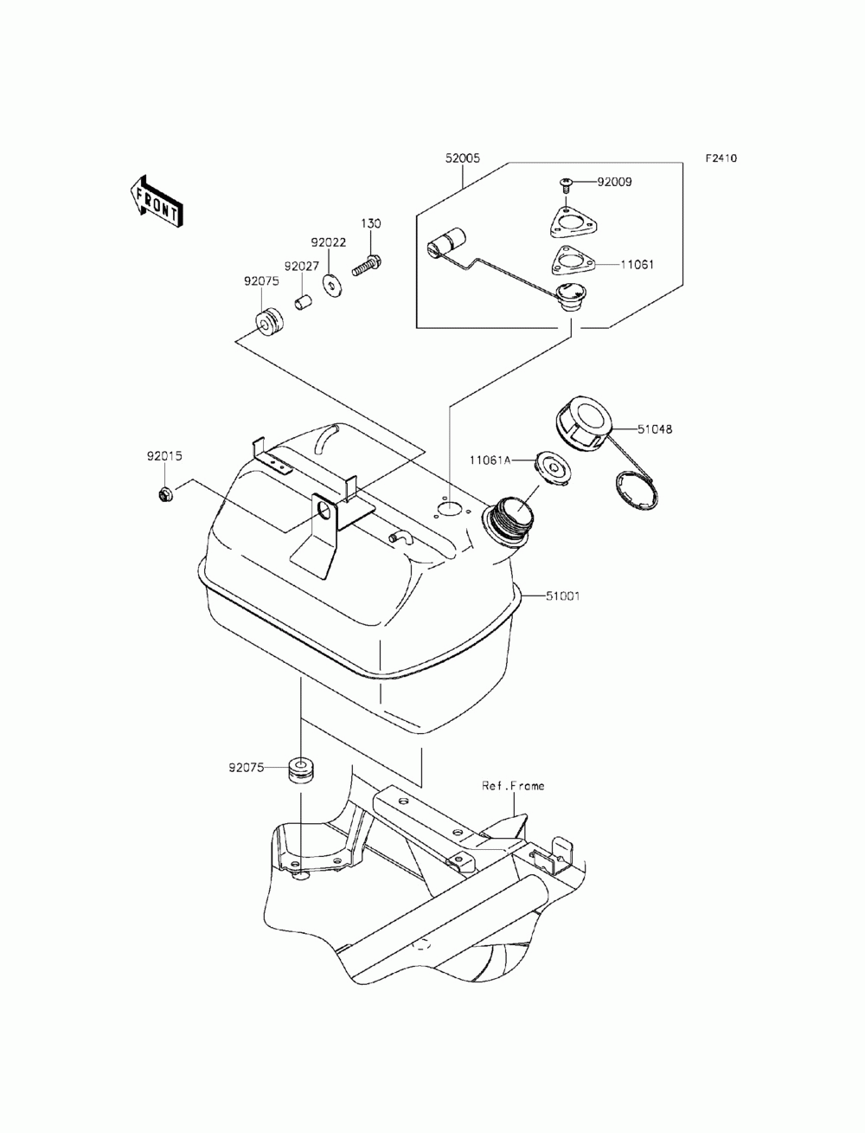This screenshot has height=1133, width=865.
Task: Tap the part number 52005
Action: coord(463,158)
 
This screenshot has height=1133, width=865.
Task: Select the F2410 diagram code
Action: coord(721,158)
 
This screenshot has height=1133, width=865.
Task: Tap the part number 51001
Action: coord(562,595)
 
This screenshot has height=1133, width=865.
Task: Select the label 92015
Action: coord(163,455)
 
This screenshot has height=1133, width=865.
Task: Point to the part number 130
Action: coord(371,223)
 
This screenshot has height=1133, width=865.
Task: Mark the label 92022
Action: coord(329,243)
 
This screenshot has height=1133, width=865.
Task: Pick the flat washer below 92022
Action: coord(331,284)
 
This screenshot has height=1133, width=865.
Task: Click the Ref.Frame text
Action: coord(514,786)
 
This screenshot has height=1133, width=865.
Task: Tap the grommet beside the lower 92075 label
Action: coord(301,769)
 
